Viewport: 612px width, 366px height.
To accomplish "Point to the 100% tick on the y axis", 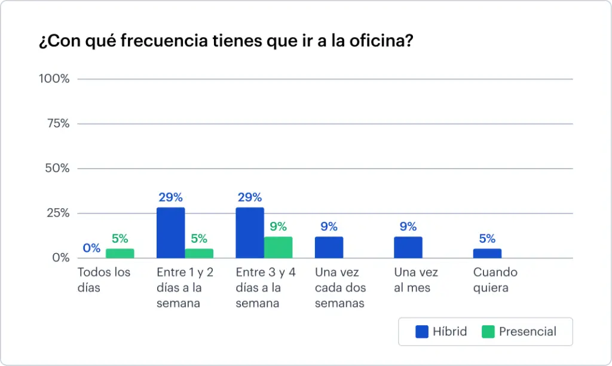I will click(54, 79).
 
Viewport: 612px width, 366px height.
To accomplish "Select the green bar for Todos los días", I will click(120, 254).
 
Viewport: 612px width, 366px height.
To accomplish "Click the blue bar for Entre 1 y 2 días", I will click(171, 233).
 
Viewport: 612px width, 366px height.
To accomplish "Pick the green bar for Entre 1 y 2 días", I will click(199, 254).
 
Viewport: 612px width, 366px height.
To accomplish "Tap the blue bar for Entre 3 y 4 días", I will click(250, 233).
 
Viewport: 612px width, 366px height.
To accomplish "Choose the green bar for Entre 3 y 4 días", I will click(279, 248).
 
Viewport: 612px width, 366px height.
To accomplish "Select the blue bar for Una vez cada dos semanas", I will click(329, 248).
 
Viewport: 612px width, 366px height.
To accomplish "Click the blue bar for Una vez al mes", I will click(408, 248).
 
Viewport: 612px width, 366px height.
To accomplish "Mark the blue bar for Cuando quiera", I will click(487, 254).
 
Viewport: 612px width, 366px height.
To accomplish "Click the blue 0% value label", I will click(91, 248).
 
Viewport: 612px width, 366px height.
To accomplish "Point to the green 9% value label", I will click(279, 227).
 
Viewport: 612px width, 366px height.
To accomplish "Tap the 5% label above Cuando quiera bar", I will click(487, 239).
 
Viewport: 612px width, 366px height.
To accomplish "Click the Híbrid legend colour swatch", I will click(423, 331).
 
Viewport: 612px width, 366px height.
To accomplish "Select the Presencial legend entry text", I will click(528, 331).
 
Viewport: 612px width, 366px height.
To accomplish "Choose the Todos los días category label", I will click(104, 280).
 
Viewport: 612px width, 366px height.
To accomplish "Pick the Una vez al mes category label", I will click(416, 280).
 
